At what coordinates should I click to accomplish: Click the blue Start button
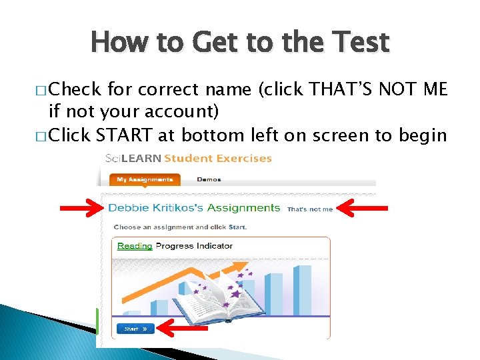coord(135,329)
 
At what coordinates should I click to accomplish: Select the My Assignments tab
coord(145,179)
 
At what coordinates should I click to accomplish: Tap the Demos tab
coord(209,179)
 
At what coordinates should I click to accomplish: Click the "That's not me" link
coord(310,209)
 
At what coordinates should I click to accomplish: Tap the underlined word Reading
coord(135,246)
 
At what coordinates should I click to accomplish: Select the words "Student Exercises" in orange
coord(218,159)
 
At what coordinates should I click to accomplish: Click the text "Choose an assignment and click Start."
coord(180,227)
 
